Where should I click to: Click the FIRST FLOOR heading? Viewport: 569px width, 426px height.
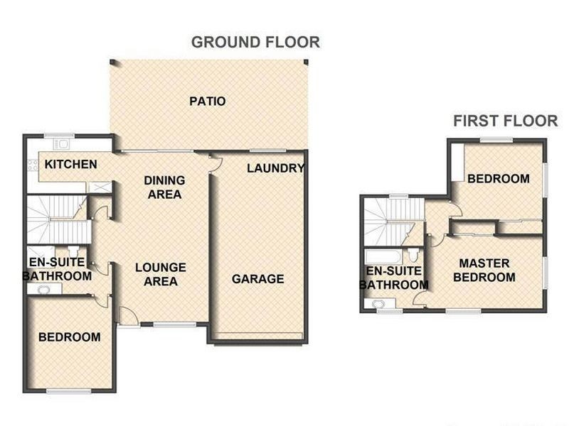click(505, 121)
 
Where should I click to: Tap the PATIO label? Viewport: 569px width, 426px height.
click(207, 102)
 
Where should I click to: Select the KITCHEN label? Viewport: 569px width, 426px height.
click(71, 165)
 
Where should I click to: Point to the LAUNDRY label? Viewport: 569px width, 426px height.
click(275, 168)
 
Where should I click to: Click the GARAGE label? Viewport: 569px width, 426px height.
click(257, 278)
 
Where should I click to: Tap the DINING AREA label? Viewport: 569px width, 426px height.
click(164, 187)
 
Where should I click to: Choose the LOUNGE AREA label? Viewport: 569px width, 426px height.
click(161, 274)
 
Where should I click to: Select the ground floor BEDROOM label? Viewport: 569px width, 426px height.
click(69, 337)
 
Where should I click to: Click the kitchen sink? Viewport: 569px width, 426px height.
click(61, 144)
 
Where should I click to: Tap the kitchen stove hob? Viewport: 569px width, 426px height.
click(32, 166)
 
